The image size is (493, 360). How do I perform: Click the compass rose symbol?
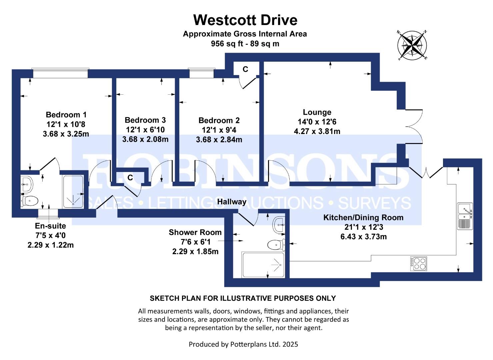tap(412, 45)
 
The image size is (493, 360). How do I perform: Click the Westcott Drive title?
tap(245, 20)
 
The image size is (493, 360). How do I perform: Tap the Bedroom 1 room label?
tap(66, 115)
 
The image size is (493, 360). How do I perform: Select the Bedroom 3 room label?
tap(145, 120)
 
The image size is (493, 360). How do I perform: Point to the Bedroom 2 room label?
tap(219, 121)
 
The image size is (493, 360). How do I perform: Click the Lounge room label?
tap(317, 112)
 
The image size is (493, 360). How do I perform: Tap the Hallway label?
tap(232, 202)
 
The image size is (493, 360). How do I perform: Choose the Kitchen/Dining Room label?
tap(363, 218)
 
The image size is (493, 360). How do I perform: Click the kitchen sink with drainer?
tap(465, 216)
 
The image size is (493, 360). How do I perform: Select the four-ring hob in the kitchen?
tap(418, 263)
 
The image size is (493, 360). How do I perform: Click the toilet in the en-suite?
tap(29, 201)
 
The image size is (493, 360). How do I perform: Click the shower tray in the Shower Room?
tap(263, 265)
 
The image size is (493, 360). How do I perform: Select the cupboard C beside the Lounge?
tap(245, 69)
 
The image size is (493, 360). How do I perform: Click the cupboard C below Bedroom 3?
tap(130, 178)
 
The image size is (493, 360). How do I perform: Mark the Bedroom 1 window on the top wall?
tap(60, 73)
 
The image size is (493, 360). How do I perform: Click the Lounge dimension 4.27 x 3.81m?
tap(317, 131)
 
